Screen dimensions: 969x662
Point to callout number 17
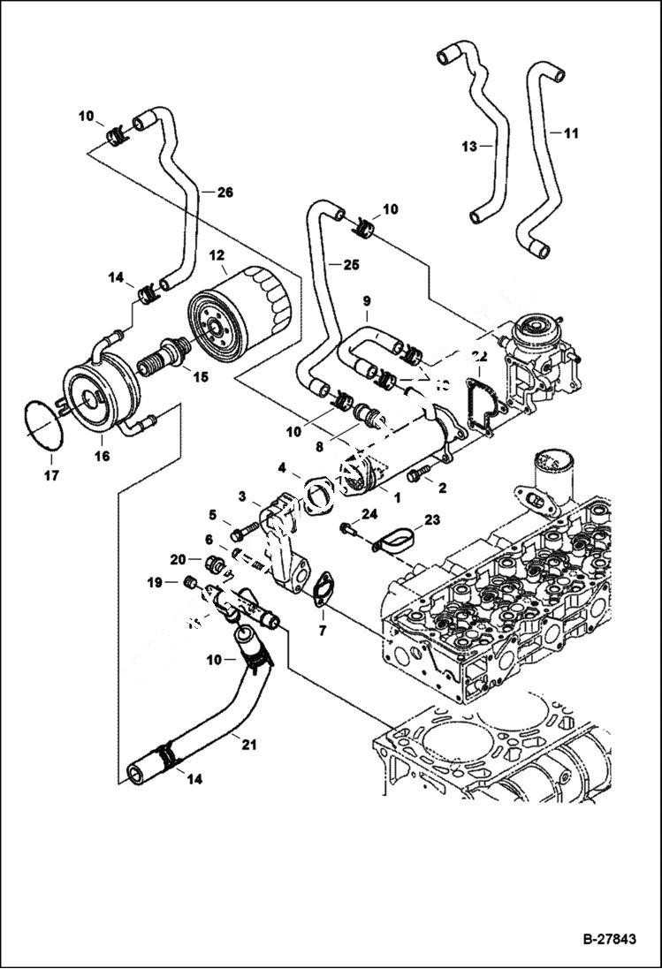[x=50, y=476]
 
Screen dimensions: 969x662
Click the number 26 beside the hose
[x=224, y=192]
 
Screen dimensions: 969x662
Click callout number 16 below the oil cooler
[x=103, y=456]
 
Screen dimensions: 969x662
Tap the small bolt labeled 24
[x=348, y=529]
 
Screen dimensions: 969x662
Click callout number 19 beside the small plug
[x=155, y=582]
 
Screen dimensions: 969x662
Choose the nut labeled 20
[x=212, y=563]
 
